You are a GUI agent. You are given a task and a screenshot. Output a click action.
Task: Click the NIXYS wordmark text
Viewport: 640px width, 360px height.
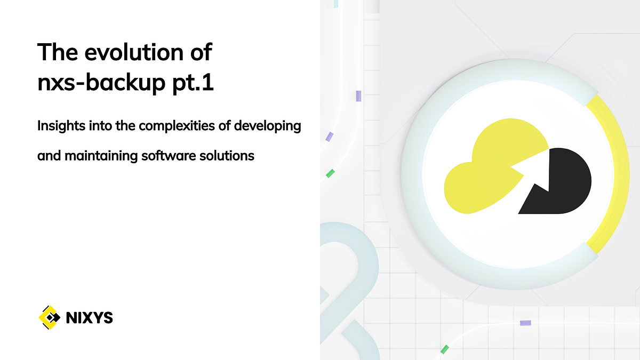tap(89, 318)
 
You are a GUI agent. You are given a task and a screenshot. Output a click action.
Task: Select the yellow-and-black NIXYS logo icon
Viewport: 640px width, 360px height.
tap(50, 318)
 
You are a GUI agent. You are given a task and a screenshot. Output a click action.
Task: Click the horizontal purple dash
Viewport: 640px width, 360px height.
tap(525, 323)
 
